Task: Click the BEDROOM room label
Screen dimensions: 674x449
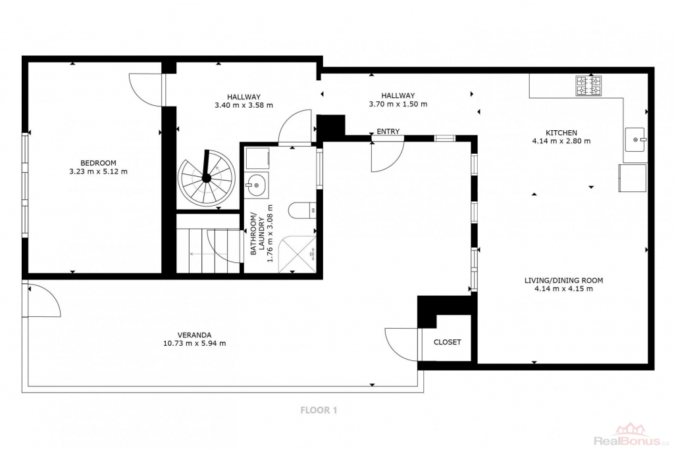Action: pyautogui.click(x=99, y=163)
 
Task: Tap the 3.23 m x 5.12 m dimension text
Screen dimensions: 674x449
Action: pyautogui.click(x=99, y=172)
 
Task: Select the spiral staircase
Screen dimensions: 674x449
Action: pyautogui.click(x=207, y=177)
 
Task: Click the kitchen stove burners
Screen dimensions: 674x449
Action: pyautogui.click(x=589, y=85)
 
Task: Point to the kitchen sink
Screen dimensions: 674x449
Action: pyautogui.click(x=635, y=139)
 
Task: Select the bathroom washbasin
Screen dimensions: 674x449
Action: pyautogui.click(x=257, y=185)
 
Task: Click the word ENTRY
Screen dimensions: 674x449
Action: pyautogui.click(x=388, y=131)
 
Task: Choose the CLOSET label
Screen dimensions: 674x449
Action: pyautogui.click(x=447, y=342)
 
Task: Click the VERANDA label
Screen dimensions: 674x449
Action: pyautogui.click(x=195, y=335)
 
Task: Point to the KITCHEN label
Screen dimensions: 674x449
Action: pyautogui.click(x=561, y=133)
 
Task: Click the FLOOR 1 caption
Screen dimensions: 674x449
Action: pyautogui.click(x=319, y=410)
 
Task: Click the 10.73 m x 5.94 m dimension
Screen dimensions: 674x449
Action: pyautogui.click(x=195, y=343)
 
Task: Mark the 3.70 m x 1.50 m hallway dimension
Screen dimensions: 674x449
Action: pyautogui.click(x=398, y=104)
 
